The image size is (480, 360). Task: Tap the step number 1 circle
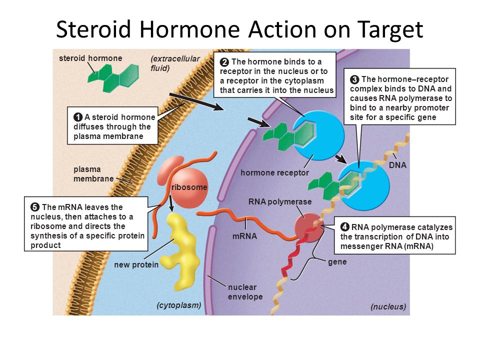pyautogui.click(x=78, y=117)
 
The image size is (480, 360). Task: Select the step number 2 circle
pyautogui.click(x=224, y=62)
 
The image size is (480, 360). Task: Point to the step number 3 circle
pyautogui.click(x=354, y=79)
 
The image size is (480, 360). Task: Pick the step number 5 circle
pyautogui.click(x=35, y=207)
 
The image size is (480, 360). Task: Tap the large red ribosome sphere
pyautogui.click(x=189, y=187)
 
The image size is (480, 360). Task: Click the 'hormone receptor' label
pyautogui.click(x=274, y=172)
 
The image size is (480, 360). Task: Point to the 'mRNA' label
pyautogui.click(x=244, y=236)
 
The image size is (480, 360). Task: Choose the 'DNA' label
pyautogui.click(x=397, y=164)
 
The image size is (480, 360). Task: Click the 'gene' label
pyautogui.click(x=337, y=261)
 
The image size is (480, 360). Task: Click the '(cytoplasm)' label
pyautogui.click(x=178, y=304)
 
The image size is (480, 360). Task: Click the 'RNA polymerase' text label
pyautogui.click(x=280, y=201)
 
